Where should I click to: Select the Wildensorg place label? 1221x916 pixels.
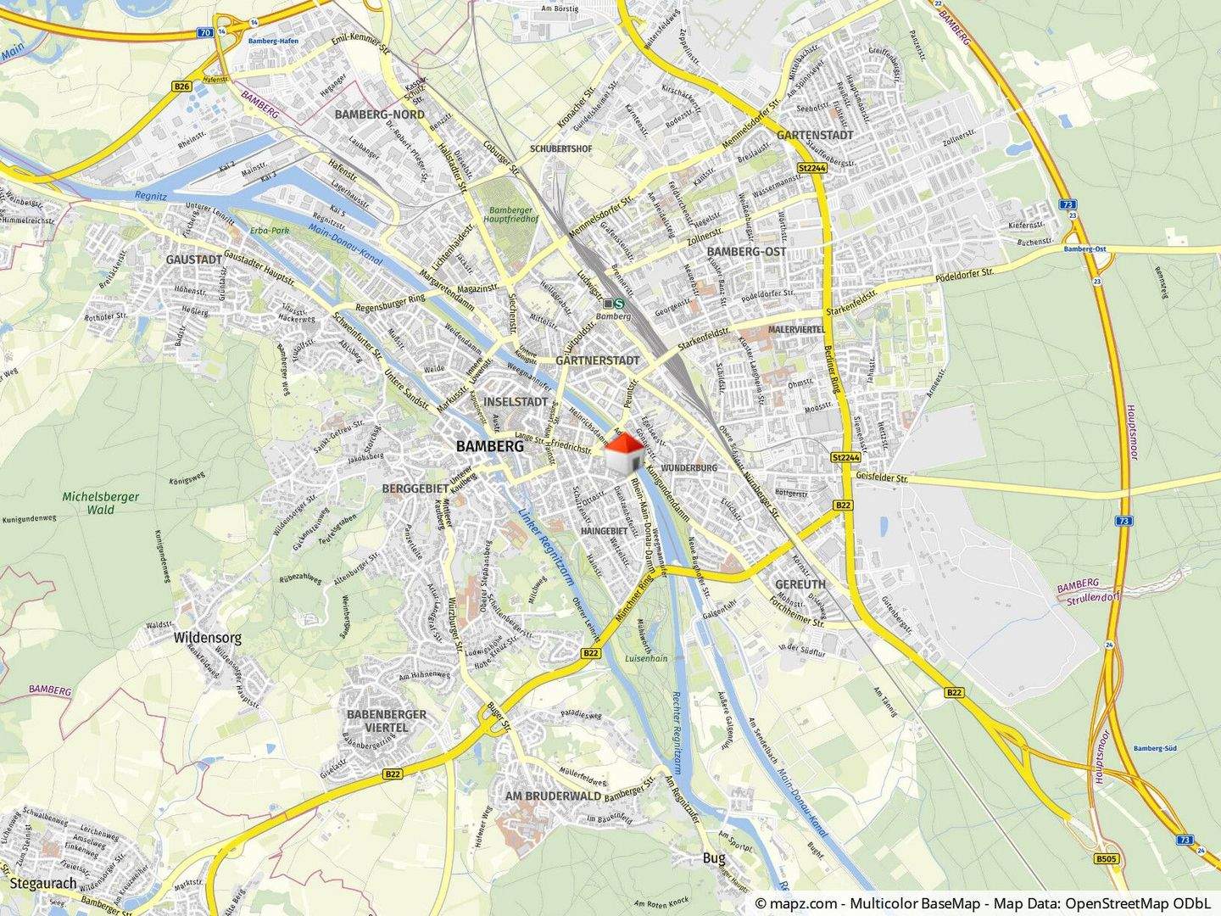(208, 637)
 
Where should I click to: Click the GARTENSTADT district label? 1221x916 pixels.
(814, 135)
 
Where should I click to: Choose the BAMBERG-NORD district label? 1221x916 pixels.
(380, 114)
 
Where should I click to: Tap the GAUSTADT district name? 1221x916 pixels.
(194, 259)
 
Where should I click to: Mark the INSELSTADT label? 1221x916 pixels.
(515, 401)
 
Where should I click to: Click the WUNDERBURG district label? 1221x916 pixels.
(689, 468)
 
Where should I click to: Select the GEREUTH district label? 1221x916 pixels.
(800, 584)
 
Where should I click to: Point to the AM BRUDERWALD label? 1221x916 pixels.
(553, 796)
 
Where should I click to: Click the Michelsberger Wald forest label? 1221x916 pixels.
(100, 503)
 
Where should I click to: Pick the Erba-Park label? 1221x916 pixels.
(270, 231)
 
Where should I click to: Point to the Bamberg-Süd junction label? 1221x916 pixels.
(1153, 749)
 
